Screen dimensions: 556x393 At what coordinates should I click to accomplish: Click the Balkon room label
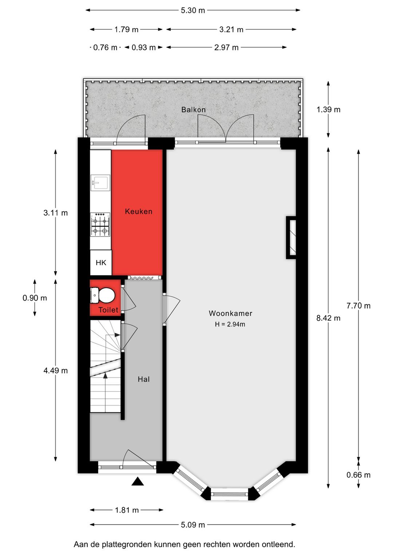(x=193, y=110)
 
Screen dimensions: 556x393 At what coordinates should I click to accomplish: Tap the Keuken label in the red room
(x=138, y=211)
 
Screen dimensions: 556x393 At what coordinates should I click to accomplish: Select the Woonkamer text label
(x=230, y=313)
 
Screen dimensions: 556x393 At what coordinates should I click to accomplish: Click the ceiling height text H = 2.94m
(x=230, y=324)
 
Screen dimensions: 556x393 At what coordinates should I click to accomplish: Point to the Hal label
(x=144, y=379)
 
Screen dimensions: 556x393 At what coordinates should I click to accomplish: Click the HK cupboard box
(x=101, y=262)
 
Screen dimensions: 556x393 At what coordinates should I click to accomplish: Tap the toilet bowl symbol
(x=104, y=295)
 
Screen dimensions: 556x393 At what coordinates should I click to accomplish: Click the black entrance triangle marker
(x=138, y=482)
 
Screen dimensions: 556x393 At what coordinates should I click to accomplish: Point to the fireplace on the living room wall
(x=291, y=238)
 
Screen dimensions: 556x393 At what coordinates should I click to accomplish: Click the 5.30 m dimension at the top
(x=193, y=10)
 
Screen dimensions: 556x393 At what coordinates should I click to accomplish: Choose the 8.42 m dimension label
(x=328, y=318)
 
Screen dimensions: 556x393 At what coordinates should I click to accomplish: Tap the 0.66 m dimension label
(x=358, y=475)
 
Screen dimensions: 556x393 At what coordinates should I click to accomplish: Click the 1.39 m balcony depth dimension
(x=328, y=109)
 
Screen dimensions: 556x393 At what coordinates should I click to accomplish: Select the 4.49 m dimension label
(x=55, y=371)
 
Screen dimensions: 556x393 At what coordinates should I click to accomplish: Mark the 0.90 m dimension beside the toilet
(x=35, y=298)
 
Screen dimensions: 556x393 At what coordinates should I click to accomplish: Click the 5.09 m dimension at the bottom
(x=193, y=525)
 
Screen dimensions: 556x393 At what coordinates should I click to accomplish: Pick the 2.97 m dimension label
(x=226, y=47)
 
